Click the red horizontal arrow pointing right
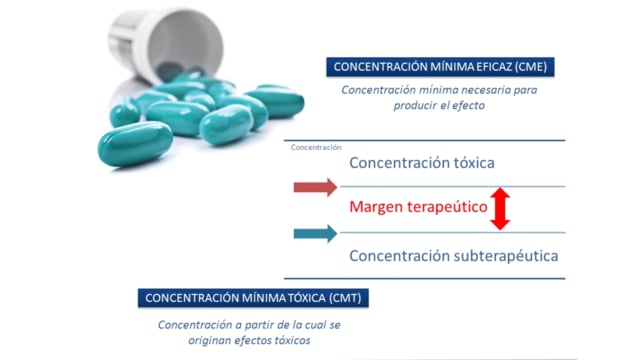tap(315, 187)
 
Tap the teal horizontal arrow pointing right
tap(315, 233)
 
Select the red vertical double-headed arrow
tap(500, 209)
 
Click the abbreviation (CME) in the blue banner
tap(531, 67)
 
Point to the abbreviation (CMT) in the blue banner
tap(345, 298)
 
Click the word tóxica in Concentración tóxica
tap(469, 163)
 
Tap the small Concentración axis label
tap(316, 147)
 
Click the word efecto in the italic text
tap(468, 105)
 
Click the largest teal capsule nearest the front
tap(135, 144)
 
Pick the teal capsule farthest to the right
tap(276, 101)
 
